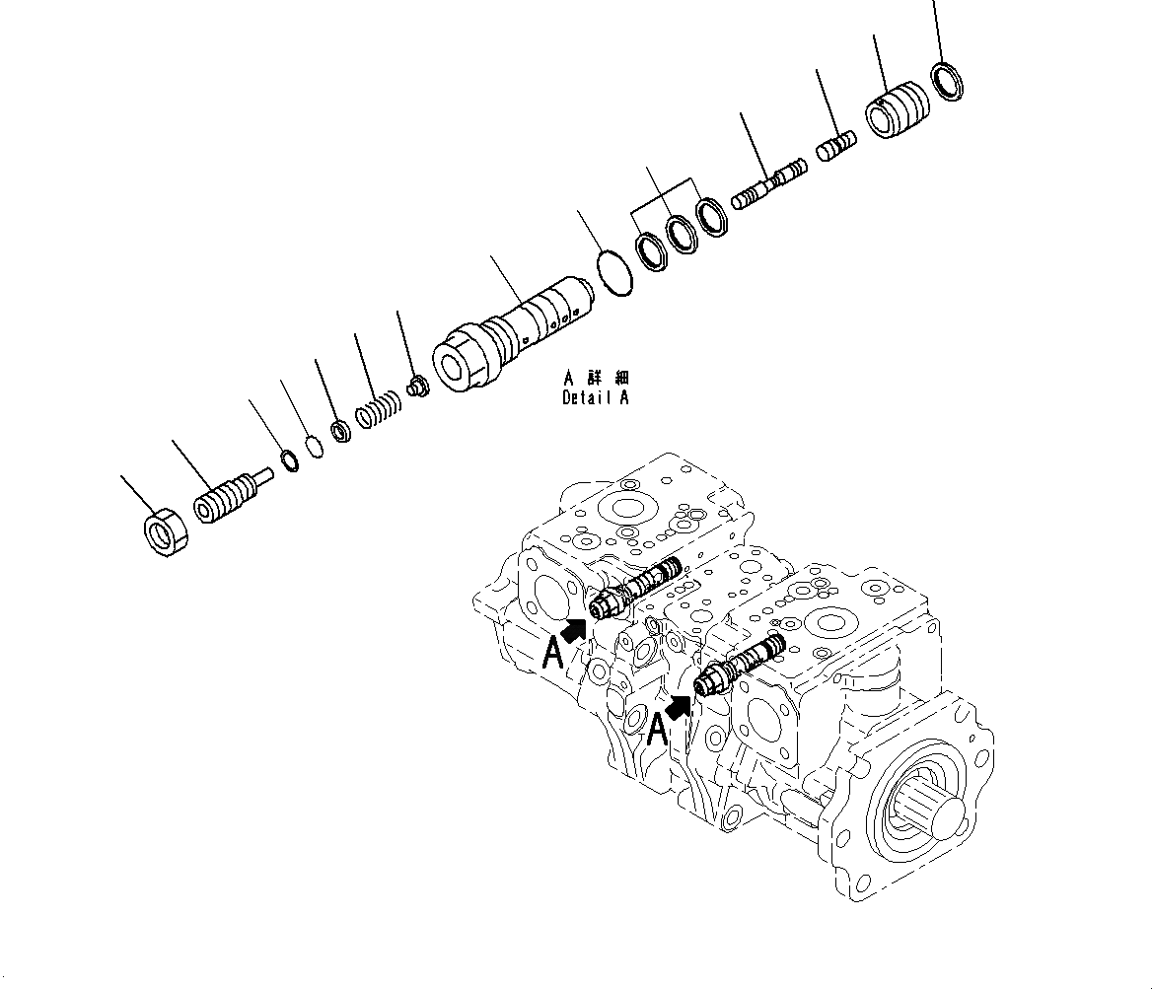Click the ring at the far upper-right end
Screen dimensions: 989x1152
tap(949, 82)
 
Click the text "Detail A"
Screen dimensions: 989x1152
tap(594, 398)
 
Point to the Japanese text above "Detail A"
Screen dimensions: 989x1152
tap(596, 379)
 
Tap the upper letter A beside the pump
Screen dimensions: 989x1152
tap(553, 653)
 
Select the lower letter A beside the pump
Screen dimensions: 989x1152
tap(658, 730)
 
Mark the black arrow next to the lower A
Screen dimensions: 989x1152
tap(679, 704)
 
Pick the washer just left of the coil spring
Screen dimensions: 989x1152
tap(342, 431)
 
